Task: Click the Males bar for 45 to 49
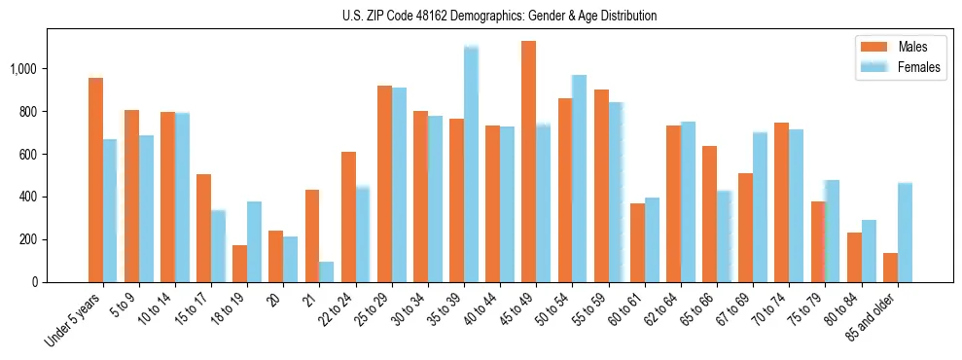(x=528, y=162)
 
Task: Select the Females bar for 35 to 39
(x=471, y=164)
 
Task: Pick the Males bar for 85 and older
(x=890, y=268)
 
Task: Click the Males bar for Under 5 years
(x=95, y=180)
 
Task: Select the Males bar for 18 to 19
(x=239, y=264)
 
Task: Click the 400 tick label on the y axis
(x=29, y=197)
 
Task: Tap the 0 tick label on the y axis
(x=35, y=282)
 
